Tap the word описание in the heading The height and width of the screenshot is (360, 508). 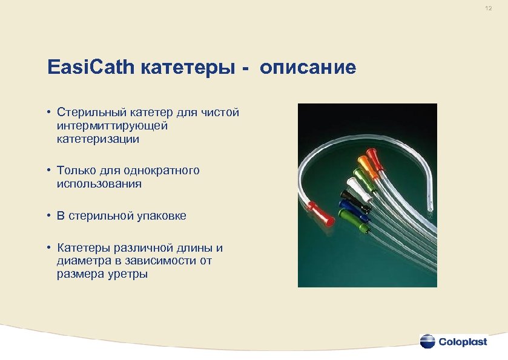click(x=308, y=68)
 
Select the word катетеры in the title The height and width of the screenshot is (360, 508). click(x=190, y=68)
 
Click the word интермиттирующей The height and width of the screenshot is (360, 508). click(x=111, y=126)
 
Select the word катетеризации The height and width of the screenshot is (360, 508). click(x=97, y=139)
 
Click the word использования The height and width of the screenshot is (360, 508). click(x=99, y=184)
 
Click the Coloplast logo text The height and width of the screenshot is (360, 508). click(x=463, y=341)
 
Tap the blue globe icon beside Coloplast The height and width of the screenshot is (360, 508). click(x=427, y=341)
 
